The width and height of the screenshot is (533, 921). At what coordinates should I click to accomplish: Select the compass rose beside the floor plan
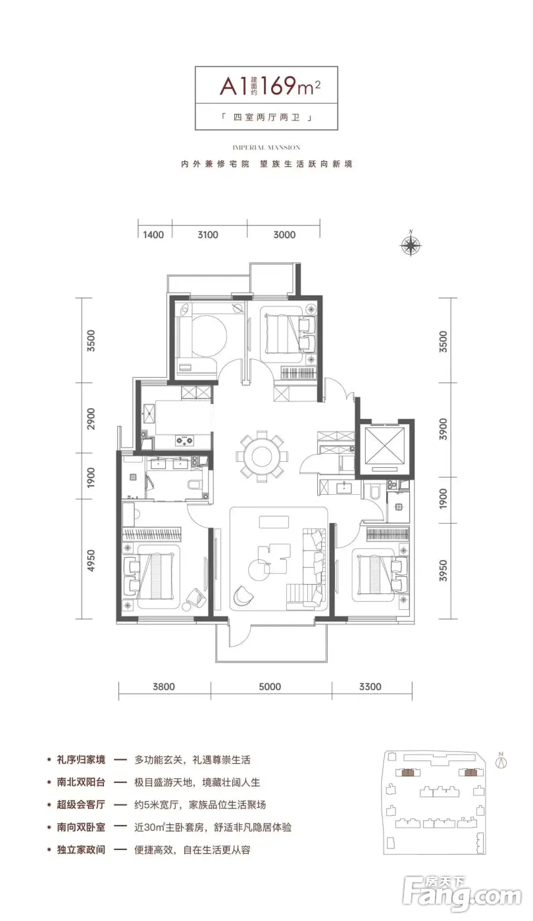411,245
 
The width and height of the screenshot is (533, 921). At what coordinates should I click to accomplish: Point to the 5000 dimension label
270,687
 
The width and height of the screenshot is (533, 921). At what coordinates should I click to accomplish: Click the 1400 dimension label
153,235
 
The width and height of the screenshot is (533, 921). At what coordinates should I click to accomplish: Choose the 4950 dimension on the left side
91,560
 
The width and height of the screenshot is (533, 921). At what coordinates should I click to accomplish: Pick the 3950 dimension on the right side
443,570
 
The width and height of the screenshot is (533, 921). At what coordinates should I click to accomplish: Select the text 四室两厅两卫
266,118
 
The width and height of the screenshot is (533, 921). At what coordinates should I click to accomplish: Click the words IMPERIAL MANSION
266,147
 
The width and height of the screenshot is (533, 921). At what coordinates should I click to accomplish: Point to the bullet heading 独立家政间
81,849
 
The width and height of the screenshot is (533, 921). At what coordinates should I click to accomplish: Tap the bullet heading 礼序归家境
81,759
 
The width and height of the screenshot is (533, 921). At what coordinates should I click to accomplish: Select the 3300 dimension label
370,687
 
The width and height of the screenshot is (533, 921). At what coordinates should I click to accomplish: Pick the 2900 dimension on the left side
91,418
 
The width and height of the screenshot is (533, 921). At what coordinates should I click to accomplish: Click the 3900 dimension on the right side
443,429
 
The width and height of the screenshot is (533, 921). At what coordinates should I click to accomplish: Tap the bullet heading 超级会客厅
81,804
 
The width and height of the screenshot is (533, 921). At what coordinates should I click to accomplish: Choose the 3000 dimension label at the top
284,235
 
